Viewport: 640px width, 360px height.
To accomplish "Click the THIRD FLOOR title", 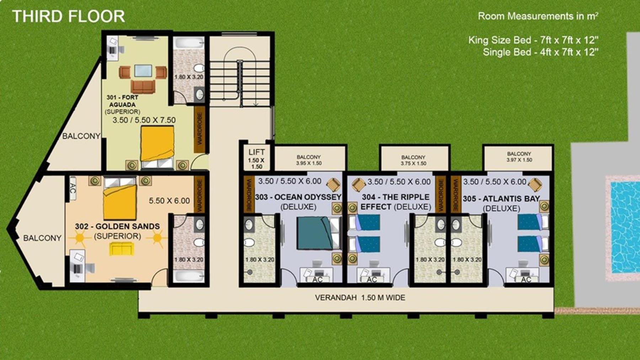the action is click(68, 16).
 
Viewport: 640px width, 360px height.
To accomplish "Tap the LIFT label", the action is click(256, 152).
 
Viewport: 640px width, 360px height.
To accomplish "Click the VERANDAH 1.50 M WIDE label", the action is click(360, 298).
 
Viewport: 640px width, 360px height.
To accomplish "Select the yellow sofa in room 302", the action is click(122, 248).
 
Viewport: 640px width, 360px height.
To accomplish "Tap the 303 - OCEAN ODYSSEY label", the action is click(298, 197).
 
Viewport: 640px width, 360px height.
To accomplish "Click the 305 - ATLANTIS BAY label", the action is click(501, 199).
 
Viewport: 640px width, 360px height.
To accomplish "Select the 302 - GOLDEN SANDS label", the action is click(117, 226).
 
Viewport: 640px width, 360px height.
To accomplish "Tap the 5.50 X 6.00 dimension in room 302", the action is click(169, 201).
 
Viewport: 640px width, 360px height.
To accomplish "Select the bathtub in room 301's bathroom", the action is click(189, 43).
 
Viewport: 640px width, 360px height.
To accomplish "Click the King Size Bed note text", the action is click(533, 40).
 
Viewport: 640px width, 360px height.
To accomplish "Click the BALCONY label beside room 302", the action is click(42, 238).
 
